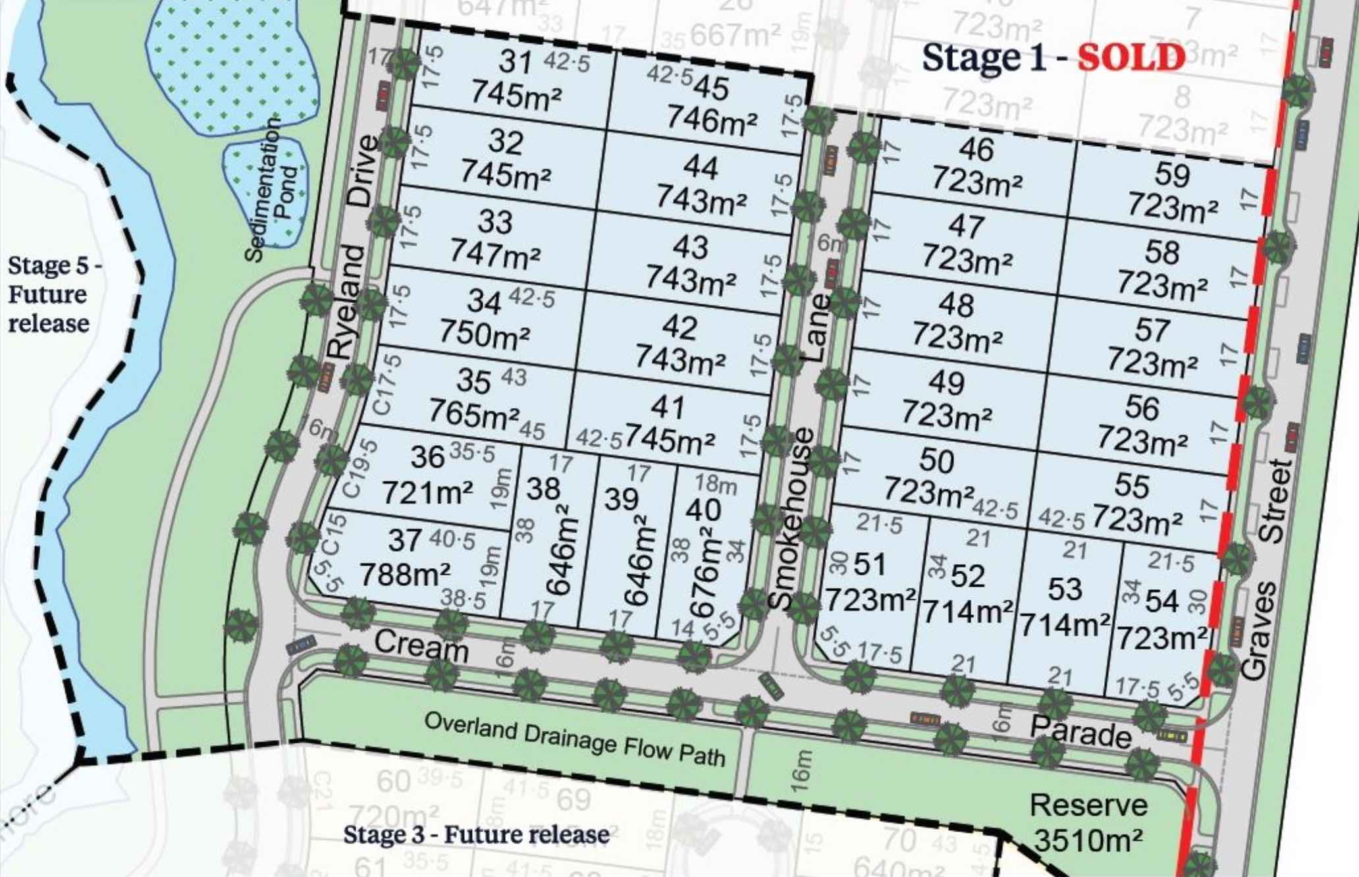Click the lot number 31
[x=515, y=63]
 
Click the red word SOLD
[x=1131, y=58]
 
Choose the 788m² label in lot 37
[x=405, y=575]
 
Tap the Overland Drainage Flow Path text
[x=574, y=739]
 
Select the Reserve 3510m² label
[x=1088, y=822]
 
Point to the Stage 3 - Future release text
[x=476, y=835]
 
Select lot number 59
[x=1172, y=175]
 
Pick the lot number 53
[x=1065, y=589]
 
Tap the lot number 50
[x=936, y=460]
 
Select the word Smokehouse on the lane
[x=789, y=519]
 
